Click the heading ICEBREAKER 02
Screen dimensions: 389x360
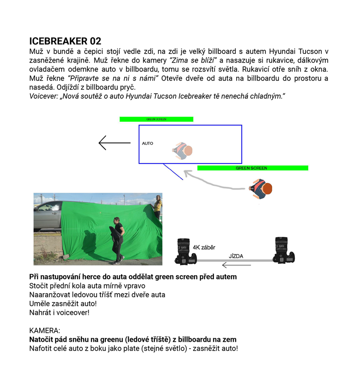pyautogui.click(x=65, y=41)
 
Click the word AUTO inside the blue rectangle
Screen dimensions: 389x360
pyautogui.click(x=148, y=144)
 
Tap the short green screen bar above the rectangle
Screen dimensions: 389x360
pyautogui.click(x=156, y=119)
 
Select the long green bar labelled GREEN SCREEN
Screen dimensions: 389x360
pyautogui.click(x=252, y=168)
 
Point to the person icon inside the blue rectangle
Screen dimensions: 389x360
pyautogui.click(x=183, y=151)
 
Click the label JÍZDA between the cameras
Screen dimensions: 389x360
pyautogui.click(x=236, y=256)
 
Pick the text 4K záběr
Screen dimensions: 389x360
pyautogui.click(x=205, y=247)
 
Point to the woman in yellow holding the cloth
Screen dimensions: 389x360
pyautogui.click(x=157, y=205)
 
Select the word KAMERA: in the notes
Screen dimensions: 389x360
pyautogui.click(x=45, y=330)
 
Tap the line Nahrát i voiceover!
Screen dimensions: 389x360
pyautogui.click(x=59, y=312)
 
